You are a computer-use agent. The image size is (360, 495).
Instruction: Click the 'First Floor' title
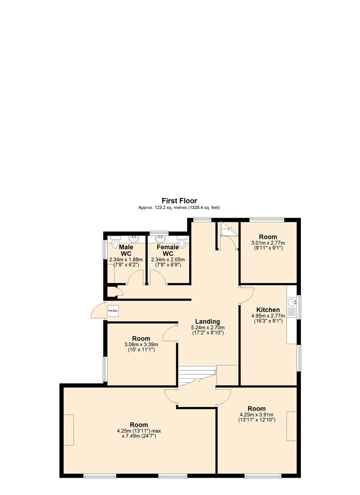[x=179, y=201]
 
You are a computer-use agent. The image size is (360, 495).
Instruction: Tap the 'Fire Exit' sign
[x=112, y=311]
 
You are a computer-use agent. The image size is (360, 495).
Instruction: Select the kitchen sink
[x=293, y=302]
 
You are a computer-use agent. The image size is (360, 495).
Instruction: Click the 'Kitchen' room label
[x=268, y=310]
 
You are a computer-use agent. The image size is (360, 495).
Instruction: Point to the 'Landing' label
[x=207, y=322]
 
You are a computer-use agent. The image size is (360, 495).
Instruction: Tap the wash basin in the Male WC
[x=134, y=238]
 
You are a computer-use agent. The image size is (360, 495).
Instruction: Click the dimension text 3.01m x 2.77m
[x=268, y=243]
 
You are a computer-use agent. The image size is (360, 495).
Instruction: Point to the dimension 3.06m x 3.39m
[x=141, y=345]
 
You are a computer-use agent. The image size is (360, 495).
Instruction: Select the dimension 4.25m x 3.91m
[x=256, y=415]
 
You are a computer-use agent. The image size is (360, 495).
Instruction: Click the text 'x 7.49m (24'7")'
[x=138, y=436]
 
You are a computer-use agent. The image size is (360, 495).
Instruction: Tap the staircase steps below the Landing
[x=196, y=375]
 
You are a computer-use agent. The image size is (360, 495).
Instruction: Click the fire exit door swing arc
[x=96, y=311]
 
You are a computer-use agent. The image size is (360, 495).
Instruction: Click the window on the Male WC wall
[x=104, y=250]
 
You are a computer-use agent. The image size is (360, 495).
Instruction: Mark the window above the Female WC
[x=159, y=233]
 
